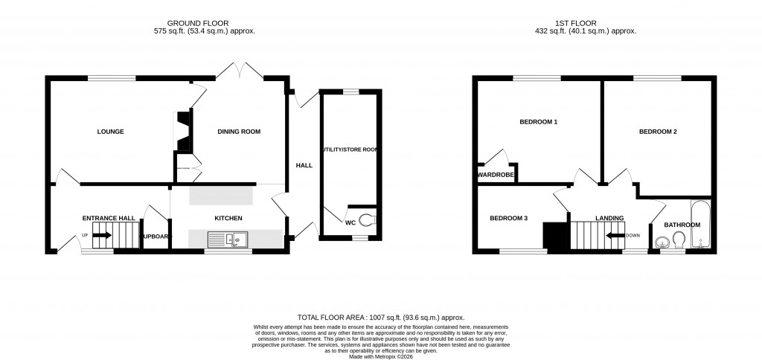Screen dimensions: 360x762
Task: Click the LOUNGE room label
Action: click(x=110, y=132)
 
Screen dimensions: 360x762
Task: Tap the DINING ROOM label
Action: click(x=238, y=132)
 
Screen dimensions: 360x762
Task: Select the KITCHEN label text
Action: click(x=228, y=218)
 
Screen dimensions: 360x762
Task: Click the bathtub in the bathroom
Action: click(x=701, y=225)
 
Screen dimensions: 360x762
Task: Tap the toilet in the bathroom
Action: click(x=678, y=239)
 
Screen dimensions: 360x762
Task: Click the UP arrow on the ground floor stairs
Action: click(x=101, y=235)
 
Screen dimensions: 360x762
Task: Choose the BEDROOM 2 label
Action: click(x=658, y=132)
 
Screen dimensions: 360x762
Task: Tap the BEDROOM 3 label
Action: click(x=508, y=218)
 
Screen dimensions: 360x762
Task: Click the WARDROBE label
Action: click(x=492, y=176)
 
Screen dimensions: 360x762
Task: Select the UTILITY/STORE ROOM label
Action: click(x=349, y=150)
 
